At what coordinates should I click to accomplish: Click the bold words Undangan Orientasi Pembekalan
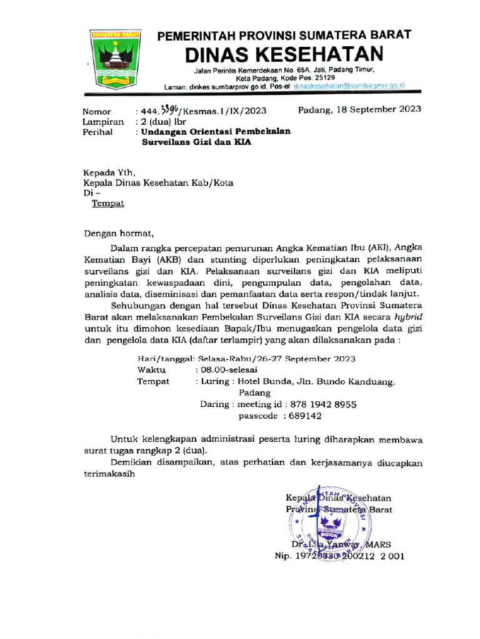point(215,132)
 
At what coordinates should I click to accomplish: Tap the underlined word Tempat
point(108,203)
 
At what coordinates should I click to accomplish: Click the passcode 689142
point(303,416)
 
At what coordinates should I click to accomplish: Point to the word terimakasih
point(109,474)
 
